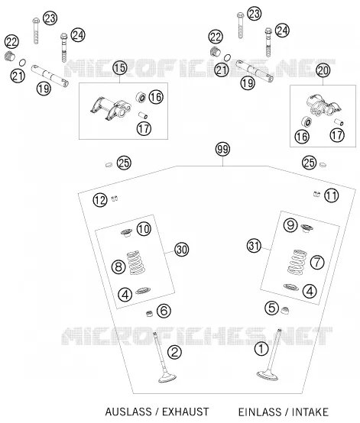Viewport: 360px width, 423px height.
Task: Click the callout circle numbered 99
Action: tap(223, 149)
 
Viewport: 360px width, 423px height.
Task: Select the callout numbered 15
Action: tap(120, 68)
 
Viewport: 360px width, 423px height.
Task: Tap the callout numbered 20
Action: tap(323, 71)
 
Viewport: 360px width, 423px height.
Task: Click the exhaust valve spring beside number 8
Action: tap(135, 263)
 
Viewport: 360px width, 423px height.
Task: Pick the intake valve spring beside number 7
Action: tap(297, 262)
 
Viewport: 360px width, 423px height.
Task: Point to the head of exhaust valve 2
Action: tap(167, 378)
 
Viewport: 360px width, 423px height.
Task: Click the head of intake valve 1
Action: tap(267, 375)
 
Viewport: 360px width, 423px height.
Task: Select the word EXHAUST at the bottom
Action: tap(185, 412)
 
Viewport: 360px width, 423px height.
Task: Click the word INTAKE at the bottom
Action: tap(310, 412)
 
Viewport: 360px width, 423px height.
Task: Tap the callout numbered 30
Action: tap(181, 250)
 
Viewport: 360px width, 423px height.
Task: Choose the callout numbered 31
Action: tap(254, 246)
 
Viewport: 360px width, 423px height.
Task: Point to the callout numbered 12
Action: tap(100, 200)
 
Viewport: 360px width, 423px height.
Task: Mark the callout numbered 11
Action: tap(332, 195)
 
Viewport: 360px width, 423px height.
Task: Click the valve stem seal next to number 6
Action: tap(149, 314)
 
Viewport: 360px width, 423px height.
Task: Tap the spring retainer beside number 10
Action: tap(127, 233)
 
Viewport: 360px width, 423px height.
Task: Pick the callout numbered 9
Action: tap(290, 224)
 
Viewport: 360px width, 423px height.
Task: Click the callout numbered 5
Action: tap(271, 308)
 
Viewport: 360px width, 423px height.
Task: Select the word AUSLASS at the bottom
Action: tap(128, 412)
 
